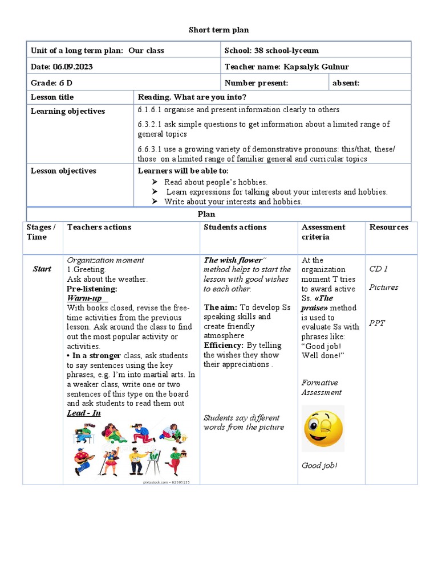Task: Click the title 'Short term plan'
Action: click(219, 30)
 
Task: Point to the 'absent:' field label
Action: click(346, 83)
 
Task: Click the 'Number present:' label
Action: click(257, 83)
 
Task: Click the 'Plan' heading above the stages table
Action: click(206, 215)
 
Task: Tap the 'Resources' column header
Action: click(389, 227)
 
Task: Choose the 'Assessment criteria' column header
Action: click(323, 232)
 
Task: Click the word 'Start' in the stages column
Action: click(42, 269)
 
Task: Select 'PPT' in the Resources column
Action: click(377, 323)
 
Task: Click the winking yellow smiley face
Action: click(323, 428)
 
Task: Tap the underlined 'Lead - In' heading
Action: click(84, 413)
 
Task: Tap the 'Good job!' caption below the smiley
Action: click(319, 466)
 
